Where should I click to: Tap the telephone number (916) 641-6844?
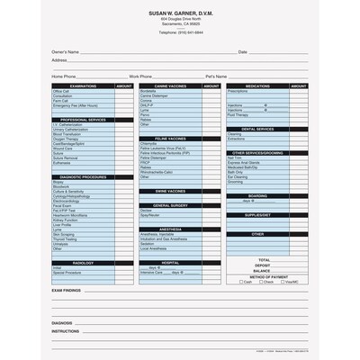(x=180, y=32)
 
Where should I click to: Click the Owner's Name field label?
(x=65, y=52)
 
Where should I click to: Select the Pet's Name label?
(x=216, y=76)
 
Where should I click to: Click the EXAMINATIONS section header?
(x=83, y=85)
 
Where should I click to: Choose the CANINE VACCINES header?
(x=170, y=85)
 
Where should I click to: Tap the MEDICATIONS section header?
(x=257, y=85)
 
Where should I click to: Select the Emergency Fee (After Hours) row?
(x=76, y=106)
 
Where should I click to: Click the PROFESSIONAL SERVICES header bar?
(x=83, y=120)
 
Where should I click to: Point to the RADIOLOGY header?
(x=83, y=262)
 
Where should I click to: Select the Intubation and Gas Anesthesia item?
(x=162, y=238)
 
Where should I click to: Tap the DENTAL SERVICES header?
(x=257, y=129)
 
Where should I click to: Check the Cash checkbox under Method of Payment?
(x=241, y=282)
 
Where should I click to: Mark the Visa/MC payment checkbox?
(x=283, y=282)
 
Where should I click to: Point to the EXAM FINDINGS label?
(x=67, y=291)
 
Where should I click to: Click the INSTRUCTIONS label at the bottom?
(x=66, y=330)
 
